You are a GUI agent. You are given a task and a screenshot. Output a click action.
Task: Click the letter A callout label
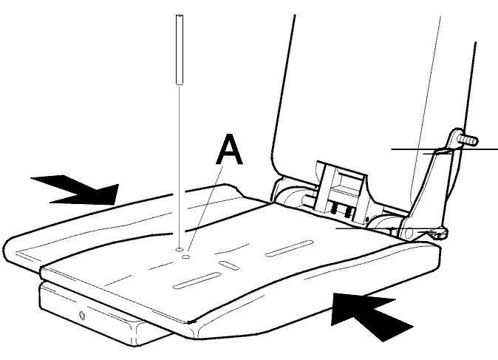229,149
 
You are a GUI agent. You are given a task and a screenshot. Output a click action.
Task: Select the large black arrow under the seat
369,315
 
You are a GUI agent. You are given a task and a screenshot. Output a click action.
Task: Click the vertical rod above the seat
180,50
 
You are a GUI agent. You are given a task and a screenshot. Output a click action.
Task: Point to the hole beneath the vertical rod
180,249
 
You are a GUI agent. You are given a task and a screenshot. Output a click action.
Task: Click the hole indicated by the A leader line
185,256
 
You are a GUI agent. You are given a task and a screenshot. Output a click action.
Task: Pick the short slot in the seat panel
228,265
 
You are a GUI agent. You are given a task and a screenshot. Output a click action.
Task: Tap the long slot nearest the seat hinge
290,248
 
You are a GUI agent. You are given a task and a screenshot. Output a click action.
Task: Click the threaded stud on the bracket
468,140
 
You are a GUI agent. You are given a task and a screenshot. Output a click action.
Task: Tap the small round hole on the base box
83,315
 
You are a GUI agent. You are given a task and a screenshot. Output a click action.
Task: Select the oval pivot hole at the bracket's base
409,233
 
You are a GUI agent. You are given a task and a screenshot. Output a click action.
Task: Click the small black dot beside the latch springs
366,220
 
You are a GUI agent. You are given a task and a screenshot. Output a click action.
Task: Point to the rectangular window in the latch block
347,184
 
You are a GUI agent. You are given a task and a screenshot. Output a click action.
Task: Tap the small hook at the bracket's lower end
440,234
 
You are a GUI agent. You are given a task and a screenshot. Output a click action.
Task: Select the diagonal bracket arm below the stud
432,181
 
